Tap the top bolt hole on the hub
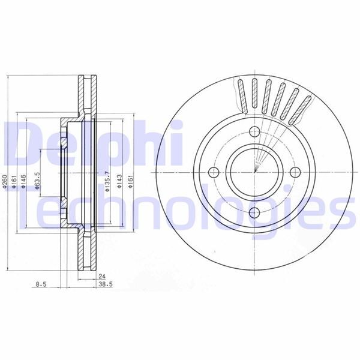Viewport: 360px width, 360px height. [254, 133]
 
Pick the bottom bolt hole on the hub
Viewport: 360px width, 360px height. [254, 212]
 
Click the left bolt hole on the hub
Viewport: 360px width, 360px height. [214, 173]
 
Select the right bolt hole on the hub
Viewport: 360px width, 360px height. [294, 173]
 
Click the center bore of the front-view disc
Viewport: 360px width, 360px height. [254, 173]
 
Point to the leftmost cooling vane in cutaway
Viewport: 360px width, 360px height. [241, 97]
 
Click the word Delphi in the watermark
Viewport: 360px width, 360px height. [90, 141]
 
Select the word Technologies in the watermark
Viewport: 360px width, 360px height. [180, 207]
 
